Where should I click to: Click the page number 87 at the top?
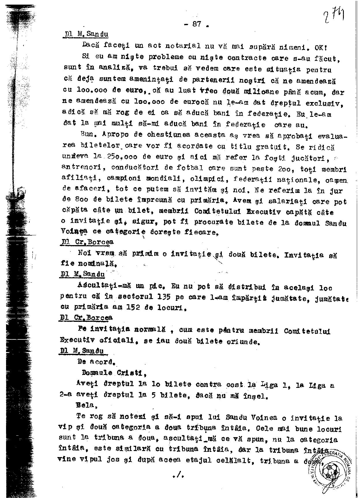pyautogui.click(x=197, y=24)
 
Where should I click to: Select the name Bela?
pyautogui.click(x=85, y=405)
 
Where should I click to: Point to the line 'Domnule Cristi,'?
pyautogui.click(x=114, y=373)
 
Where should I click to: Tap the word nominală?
pyautogui.click(x=89, y=264)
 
